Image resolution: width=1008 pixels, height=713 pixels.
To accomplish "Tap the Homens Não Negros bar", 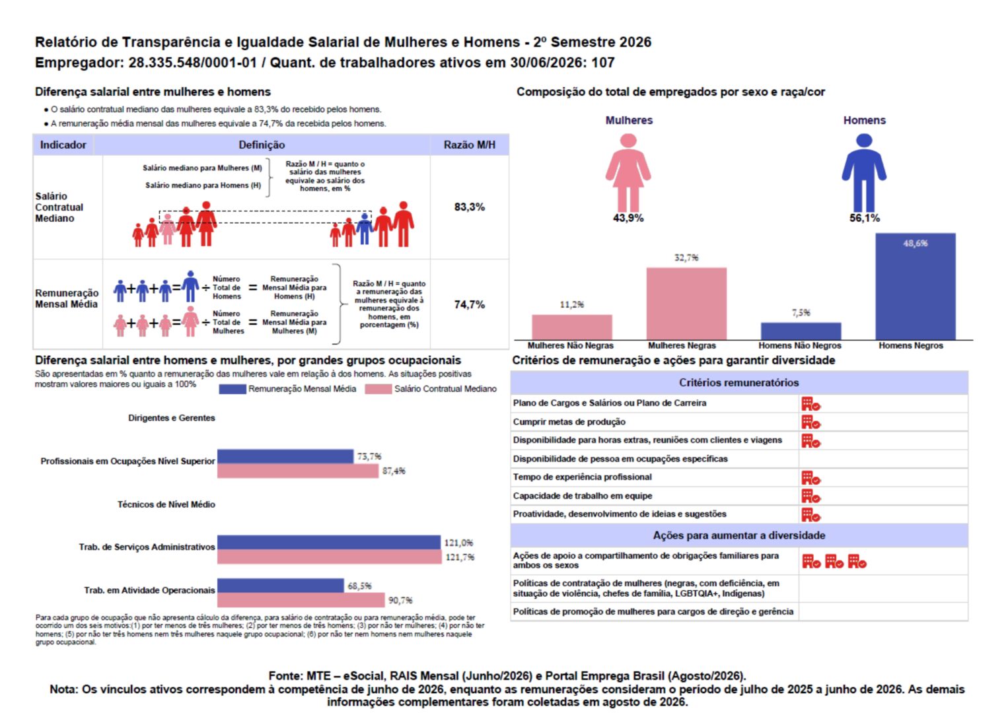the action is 801,331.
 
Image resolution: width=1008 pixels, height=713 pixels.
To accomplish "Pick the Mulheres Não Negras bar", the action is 571,327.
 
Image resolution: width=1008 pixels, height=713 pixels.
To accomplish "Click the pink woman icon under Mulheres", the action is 628,173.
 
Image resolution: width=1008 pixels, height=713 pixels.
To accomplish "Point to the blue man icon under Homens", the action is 864,173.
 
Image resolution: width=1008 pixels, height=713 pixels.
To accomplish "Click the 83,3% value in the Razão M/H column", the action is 470,207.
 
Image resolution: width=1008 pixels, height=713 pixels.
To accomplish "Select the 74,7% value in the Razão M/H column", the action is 470,304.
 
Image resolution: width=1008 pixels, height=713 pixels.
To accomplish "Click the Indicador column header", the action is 63,145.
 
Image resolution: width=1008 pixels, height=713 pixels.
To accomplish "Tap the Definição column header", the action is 262,145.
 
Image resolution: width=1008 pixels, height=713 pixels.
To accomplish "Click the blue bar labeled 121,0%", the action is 329,542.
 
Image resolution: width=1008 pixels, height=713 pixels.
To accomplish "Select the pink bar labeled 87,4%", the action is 298,471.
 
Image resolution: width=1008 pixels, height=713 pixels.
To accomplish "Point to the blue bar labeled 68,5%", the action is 280,585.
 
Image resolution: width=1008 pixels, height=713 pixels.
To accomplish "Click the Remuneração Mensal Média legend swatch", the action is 233,389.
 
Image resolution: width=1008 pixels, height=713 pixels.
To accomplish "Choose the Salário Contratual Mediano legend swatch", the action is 378,389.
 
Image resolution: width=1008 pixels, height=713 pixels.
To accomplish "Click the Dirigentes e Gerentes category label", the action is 172,418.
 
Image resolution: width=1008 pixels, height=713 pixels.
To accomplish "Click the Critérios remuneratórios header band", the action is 739,383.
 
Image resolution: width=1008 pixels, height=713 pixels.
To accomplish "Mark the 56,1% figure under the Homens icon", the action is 865,218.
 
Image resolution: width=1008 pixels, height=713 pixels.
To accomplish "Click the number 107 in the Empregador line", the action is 602,63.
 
